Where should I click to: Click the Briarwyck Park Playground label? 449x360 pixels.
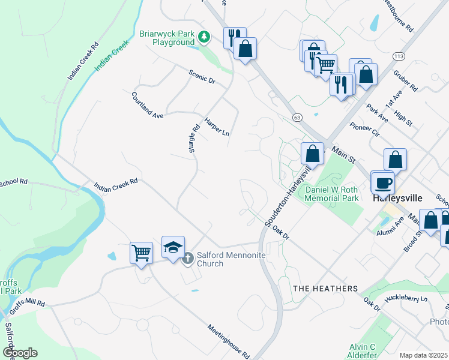[167, 38]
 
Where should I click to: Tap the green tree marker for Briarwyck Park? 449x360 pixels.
[205, 38]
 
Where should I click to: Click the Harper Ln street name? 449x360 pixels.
[217, 126]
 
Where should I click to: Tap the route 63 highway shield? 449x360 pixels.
[297, 116]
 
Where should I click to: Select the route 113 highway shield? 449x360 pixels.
[399, 56]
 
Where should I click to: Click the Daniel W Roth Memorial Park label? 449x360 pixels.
[331, 194]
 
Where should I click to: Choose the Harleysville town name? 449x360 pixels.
[398, 197]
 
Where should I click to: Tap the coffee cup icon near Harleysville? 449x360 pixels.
[384, 182]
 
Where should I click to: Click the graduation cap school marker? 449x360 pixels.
[172, 247]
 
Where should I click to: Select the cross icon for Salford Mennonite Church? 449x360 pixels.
[187, 258]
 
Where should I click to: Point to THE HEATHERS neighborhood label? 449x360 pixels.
[325, 289]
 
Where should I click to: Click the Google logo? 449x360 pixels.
[20, 352]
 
